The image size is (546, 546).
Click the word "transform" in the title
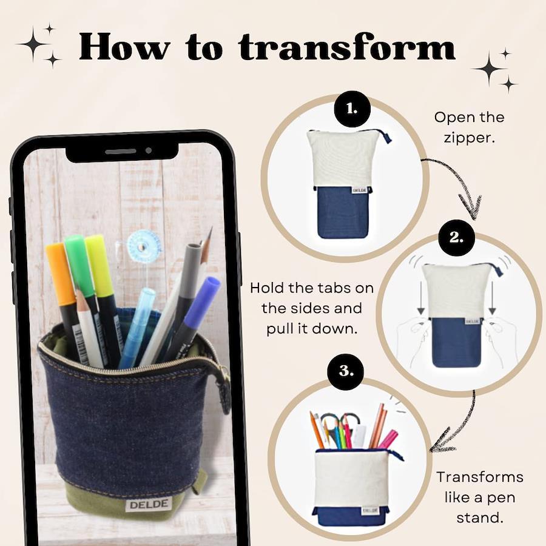(347, 47)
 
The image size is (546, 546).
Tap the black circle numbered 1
(352, 109)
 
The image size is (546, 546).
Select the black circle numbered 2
(456, 237)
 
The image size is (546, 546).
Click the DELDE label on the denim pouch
(149, 505)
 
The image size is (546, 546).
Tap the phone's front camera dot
(149, 150)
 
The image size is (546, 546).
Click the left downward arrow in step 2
(421, 297)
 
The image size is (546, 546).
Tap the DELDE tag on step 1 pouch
(359, 190)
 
